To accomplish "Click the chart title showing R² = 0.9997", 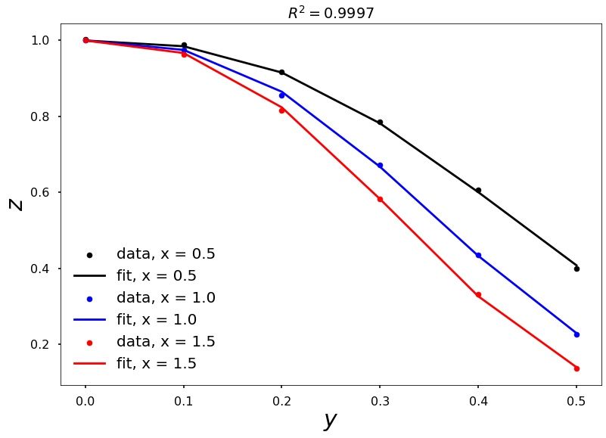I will pyautogui.click(x=331, y=13).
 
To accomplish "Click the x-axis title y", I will pyautogui.click(x=330, y=419).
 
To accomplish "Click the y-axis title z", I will pyautogui.click(x=15, y=203).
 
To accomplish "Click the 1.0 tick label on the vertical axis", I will pyautogui.click(x=39, y=40).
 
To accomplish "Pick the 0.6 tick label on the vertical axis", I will pyautogui.click(x=39, y=192).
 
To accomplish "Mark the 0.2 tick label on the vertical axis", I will pyautogui.click(x=39, y=344).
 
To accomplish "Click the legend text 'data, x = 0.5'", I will pyautogui.click(x=166, y=254).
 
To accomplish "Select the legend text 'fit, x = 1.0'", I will pyautogui.click(x=156, y=320).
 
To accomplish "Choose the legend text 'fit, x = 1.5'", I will pyautogui.click(x=156, y=364).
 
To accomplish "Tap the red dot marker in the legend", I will pyautogui.click(x=89, y=343).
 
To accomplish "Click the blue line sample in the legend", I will pyautogui.click(x=89, y=320).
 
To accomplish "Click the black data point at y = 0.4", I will pyautogui.click(x=478, y=191).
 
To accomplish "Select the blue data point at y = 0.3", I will pyautogui.click(x=380, y=165).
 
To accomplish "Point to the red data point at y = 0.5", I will pyautogui.click(x=576, y=368).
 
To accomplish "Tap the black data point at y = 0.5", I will pyautogui.click(x=576, y=269).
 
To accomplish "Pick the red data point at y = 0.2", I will pyautogui.click(x=281, y=110).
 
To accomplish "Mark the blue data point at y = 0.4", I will pyautogui.click(x=478, y=255).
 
